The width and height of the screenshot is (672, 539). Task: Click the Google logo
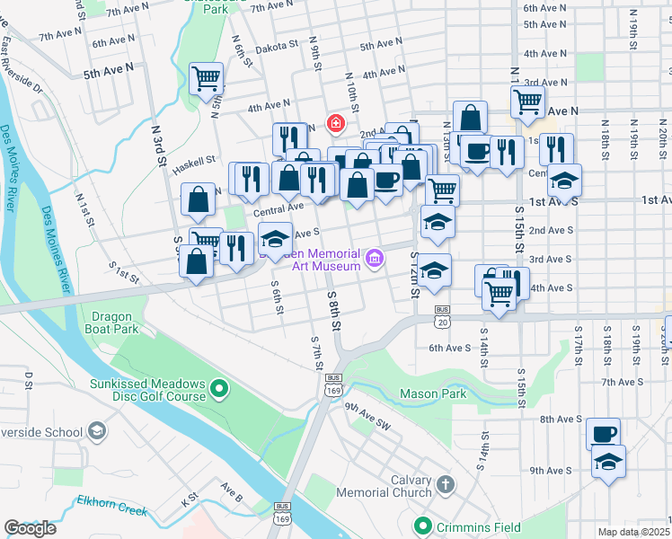30,528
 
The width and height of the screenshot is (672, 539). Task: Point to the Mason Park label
432,393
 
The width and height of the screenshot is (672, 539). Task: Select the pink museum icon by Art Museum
375,260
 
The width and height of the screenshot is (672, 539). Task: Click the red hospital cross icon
335,122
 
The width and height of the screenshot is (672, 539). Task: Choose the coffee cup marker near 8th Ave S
604,434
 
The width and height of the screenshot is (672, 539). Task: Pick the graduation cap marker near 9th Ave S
608,462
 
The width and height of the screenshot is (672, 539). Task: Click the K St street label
190,497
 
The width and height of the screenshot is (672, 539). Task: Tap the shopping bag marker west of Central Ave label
198,199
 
